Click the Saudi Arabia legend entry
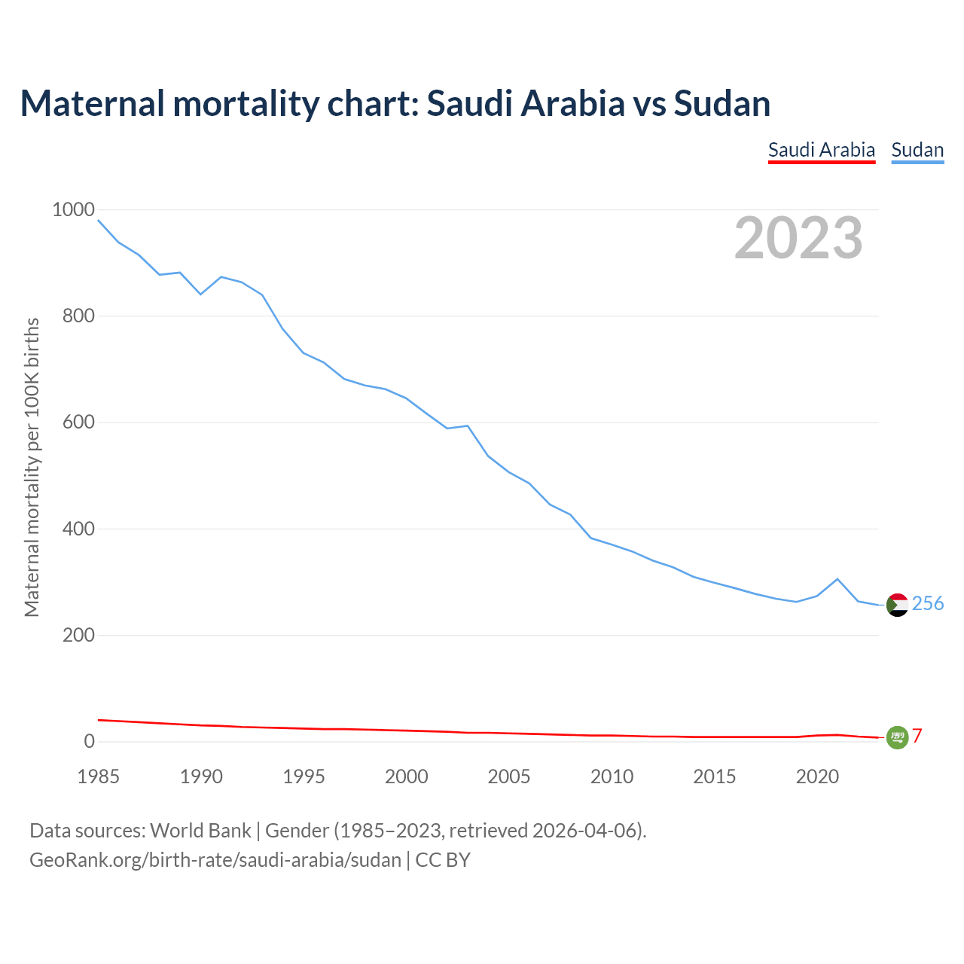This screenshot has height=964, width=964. pyautogui.click(x=822, y=150)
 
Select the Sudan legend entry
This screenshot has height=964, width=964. pyautogui.click(x=917, y=150)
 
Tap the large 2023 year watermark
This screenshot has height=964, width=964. pyautogui.click(x=798, y=238)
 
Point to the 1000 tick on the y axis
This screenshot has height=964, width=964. pyautogui.click(x=73, y=209)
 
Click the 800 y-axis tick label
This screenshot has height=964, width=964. pyautogui.click(x=78, y=316)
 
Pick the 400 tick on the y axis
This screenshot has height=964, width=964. pyautogui.click(x=78, y=529)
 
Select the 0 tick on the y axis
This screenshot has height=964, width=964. pyautogui.click(x=90, y=741)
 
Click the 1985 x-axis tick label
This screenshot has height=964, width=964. pyautogui.click(x=99, y=776)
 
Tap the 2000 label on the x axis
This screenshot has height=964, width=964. pyautogui.click(x=407, y=776)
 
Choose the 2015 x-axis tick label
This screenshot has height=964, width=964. pyautogui.click(x=715, y=776)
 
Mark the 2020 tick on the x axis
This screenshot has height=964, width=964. pyautogui.click(x=817, y=776)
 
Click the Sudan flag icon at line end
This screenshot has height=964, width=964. pyautogui.click(x=897, y=605)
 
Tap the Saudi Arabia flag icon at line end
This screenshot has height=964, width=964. pyautogui.click(x=897, y=737)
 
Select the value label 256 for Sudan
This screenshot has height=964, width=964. pyautogui.click(x=928, y=603)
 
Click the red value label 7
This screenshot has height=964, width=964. pyautogui.click(x=917, y=737)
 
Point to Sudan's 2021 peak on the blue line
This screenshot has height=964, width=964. pyautogui.click(x=837, y=579)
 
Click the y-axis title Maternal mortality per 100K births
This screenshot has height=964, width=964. pyautogui.click(x=32, y=467)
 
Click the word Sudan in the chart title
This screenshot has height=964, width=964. pyautogui.click(x=722, y=103)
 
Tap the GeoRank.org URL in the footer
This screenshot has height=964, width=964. pyautogui.click(x=215, y=860)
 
